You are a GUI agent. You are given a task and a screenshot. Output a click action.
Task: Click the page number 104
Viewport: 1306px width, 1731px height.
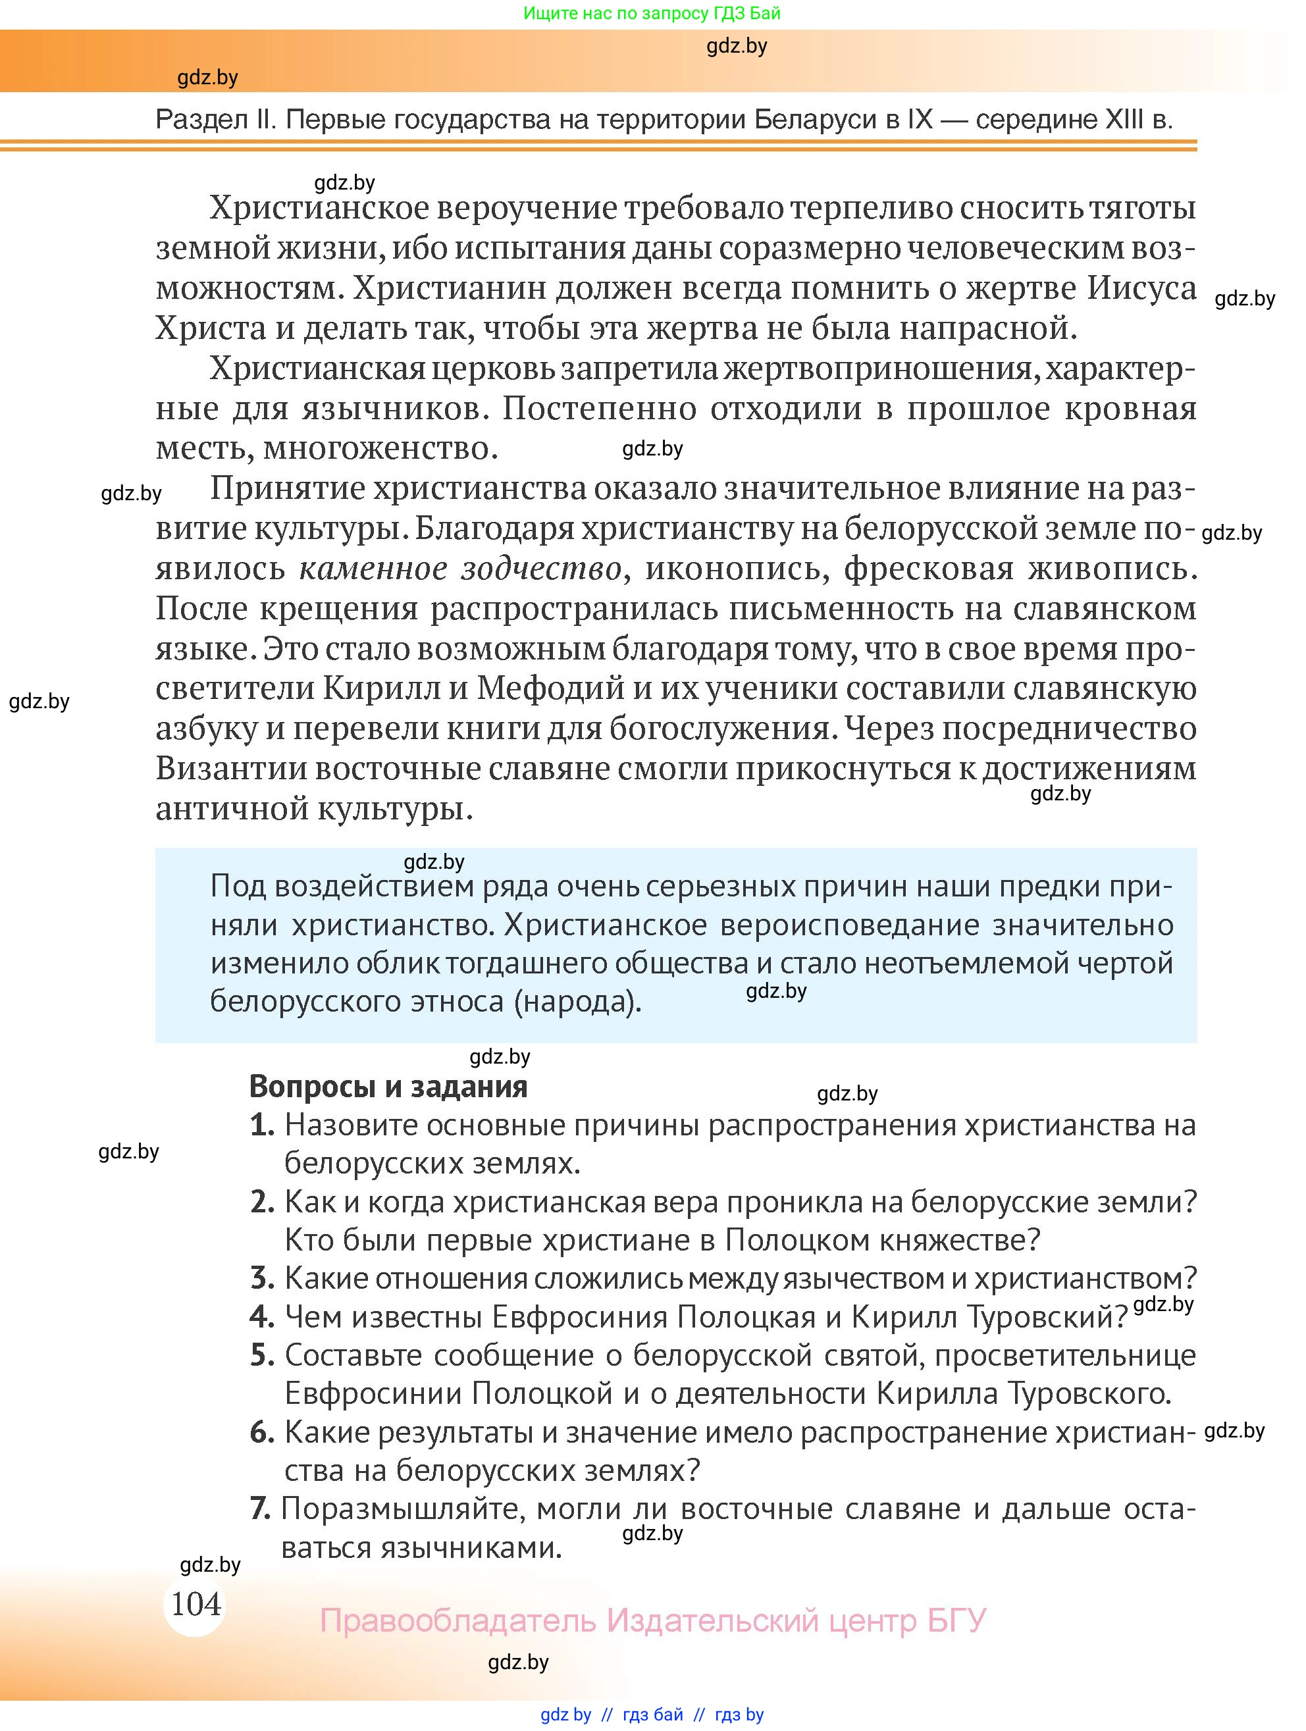click(196, 1604)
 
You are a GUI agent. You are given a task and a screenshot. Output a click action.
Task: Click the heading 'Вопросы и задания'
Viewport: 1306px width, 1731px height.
click(388, 1087)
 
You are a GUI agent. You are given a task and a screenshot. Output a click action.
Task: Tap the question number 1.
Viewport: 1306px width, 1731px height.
click(261, 1125)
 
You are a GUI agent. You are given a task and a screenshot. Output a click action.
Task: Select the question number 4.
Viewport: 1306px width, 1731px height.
click(261, 1316)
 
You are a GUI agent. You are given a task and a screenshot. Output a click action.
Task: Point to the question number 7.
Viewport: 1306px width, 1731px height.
click(260, 1508)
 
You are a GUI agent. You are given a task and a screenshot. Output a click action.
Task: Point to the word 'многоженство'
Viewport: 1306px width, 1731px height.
click(381, 448)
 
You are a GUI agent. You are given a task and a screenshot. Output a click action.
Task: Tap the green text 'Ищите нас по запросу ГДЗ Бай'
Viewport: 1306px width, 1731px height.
click(652, 13)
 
